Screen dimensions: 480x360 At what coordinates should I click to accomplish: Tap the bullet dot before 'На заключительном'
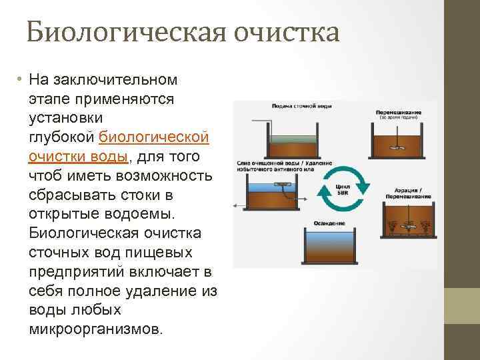(21, 80)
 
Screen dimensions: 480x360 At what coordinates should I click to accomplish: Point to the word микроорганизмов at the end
(95, 329)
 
